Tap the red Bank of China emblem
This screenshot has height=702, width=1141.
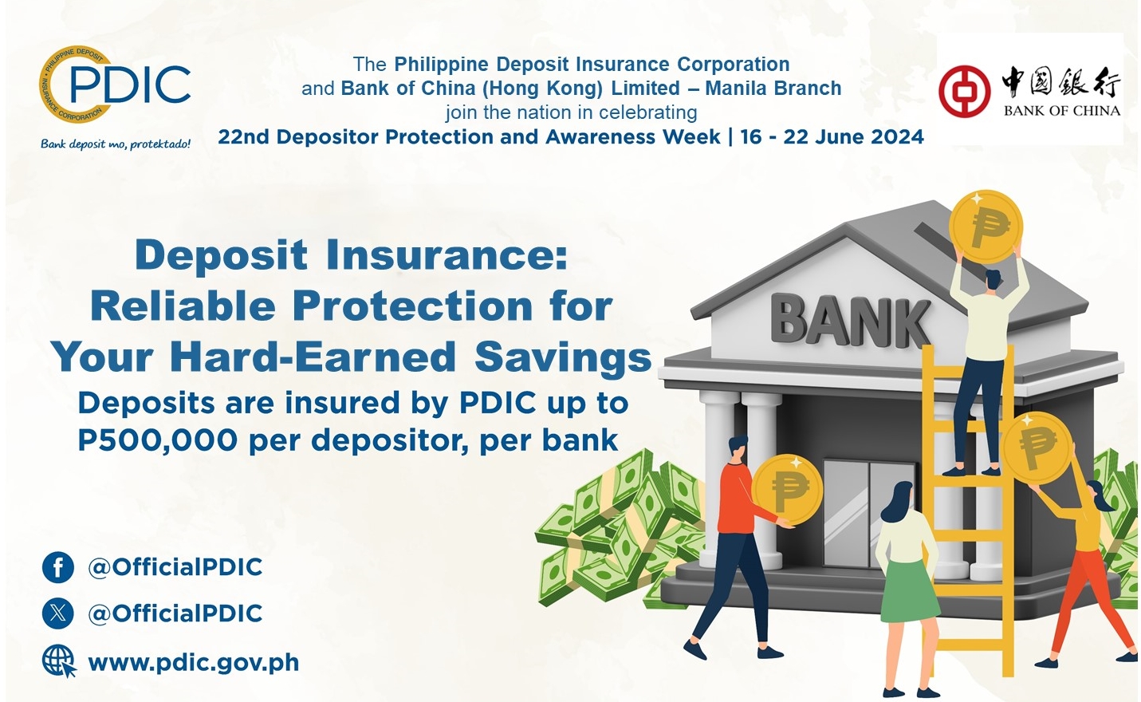point(965,92)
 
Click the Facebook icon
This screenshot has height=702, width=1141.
point(58,567)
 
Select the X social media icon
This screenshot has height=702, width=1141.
point(58,613)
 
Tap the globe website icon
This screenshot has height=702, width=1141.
point(59,661)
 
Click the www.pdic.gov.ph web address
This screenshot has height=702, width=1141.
point(194,663)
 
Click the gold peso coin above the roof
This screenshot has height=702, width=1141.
point(986,227)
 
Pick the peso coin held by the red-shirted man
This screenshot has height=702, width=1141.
point(788,490)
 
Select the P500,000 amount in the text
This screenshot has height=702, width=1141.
point(157,440)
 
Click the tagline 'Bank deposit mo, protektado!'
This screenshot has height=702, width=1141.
point(116,144)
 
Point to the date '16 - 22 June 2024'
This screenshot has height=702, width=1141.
point(832,136)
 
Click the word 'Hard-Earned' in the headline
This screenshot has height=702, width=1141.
point(313,357)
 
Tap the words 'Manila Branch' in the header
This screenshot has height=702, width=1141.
point(773,89)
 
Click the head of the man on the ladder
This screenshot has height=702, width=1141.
point(992,280)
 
